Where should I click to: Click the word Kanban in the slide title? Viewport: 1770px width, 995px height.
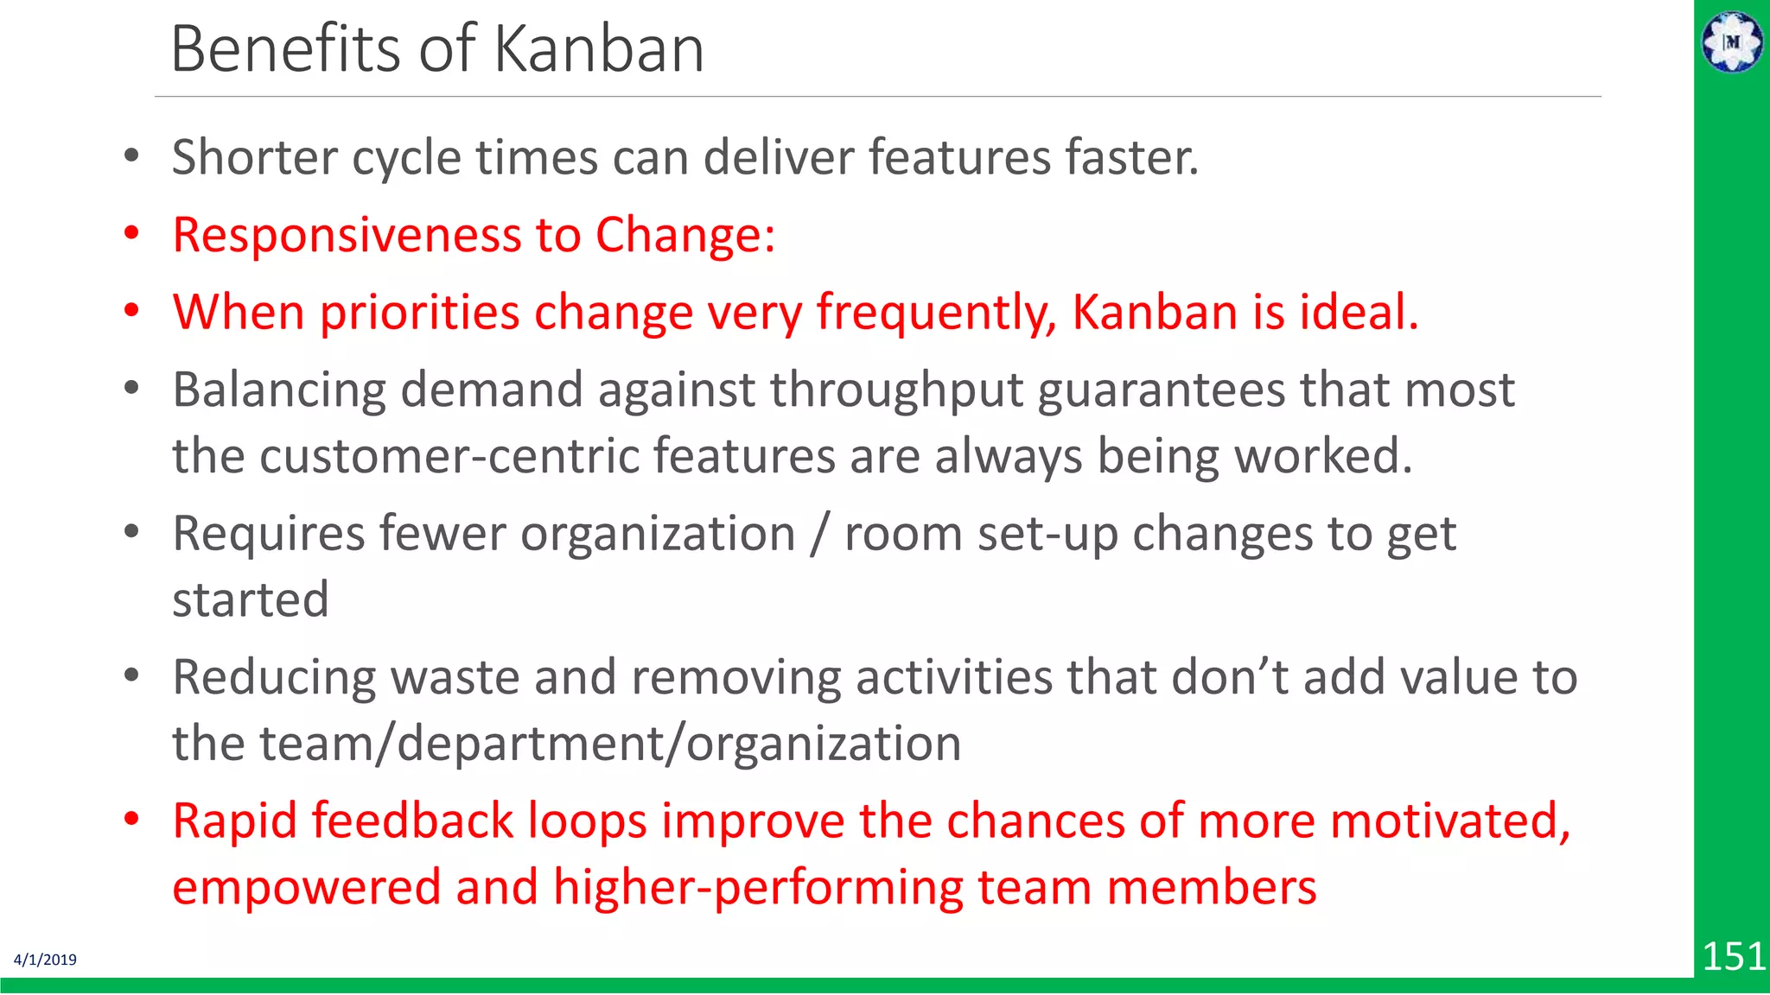599,49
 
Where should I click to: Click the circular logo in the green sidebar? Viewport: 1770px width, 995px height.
1732,41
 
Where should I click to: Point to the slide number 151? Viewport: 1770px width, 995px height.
1733,956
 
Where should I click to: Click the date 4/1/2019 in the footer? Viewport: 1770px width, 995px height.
45,960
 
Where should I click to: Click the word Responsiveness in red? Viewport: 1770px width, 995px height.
347,235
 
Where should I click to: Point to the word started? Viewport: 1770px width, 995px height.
251,599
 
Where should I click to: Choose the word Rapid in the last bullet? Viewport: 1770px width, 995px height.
234,821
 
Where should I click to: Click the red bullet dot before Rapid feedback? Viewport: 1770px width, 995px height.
131,819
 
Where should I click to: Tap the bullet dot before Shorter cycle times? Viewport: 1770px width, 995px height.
131,156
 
